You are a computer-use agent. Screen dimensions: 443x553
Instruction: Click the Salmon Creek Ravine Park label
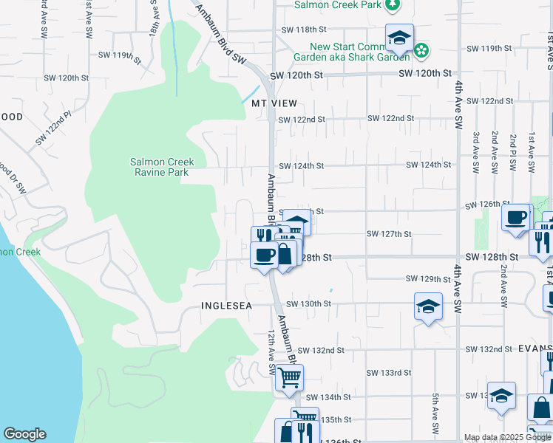[x=160, y=167]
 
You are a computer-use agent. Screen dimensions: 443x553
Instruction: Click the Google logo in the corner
[x=24, y=434]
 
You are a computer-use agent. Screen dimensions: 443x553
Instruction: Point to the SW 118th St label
[x=304, y=30]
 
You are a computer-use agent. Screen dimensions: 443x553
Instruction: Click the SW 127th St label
[x=389, y=234]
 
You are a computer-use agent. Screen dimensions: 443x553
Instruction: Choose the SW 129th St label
[x=429, y=279]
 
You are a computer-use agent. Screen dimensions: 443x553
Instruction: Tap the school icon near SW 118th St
[x=399, y=37]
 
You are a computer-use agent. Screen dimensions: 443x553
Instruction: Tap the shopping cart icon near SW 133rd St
[x=289, y=377]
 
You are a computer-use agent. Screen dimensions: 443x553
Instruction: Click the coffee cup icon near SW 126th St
[x=515, y=217]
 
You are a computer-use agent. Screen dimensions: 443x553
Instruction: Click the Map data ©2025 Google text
[x=506, y=437]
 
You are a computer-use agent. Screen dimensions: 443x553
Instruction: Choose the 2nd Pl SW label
[x=512, y=153]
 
